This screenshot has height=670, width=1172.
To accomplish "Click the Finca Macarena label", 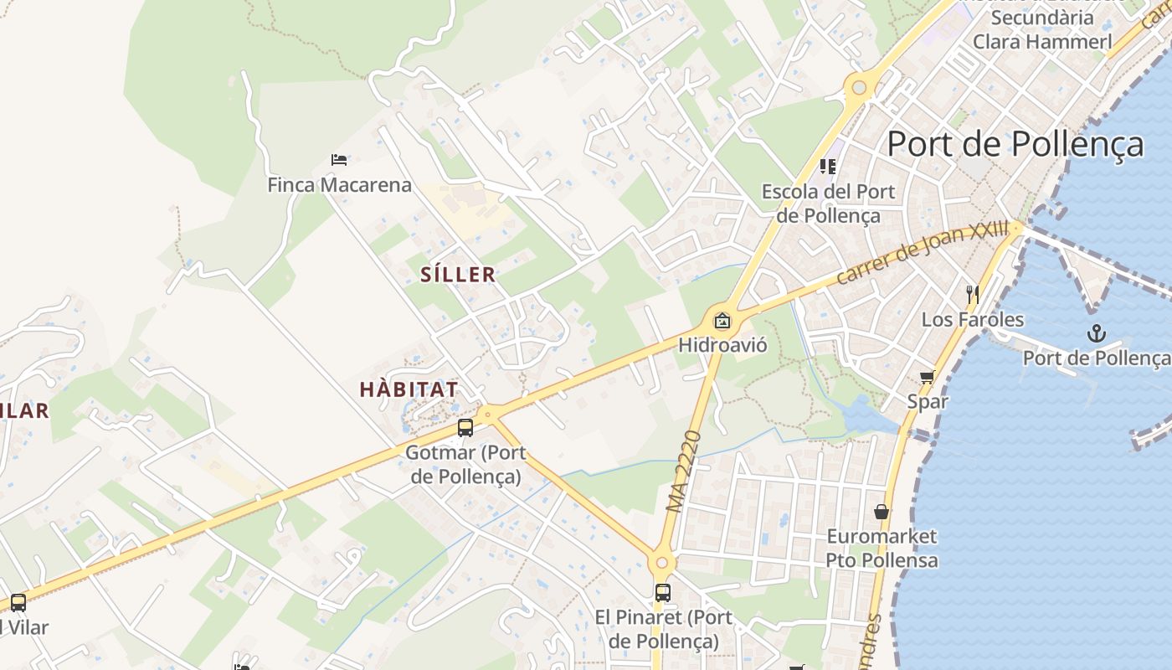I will [x=339, y=184].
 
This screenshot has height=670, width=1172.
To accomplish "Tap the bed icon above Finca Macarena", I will [x=339, y=159].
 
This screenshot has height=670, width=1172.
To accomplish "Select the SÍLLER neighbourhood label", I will [x=458, y=275].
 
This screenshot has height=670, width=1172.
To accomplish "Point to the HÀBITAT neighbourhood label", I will [x=409, y=389].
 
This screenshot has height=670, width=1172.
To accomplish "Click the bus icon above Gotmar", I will [x=465, y=428].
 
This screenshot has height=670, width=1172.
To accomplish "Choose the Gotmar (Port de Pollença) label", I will [x=465, y=465].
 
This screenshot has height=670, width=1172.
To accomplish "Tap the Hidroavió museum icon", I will [x=722, y=320].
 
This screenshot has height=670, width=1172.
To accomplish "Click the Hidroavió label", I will [x=722, y=344].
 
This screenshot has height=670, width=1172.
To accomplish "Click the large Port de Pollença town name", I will [x=1015, y=144].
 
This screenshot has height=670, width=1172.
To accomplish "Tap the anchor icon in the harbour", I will [x=1096, y=334].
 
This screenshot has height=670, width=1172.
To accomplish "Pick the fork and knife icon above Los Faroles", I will [x=973, y=294].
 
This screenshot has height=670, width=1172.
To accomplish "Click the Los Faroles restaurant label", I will [x=972, y=319].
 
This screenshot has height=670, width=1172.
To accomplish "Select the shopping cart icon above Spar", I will [x=927, y=377].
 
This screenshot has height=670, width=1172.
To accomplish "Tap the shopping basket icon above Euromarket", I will [x=882, y=511].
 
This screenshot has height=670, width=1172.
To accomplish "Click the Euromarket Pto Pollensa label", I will [x=882, y=548].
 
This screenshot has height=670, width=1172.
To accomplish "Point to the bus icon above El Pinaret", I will [x=663, y=593].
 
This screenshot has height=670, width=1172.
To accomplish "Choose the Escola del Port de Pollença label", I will [x=827, y=204].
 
